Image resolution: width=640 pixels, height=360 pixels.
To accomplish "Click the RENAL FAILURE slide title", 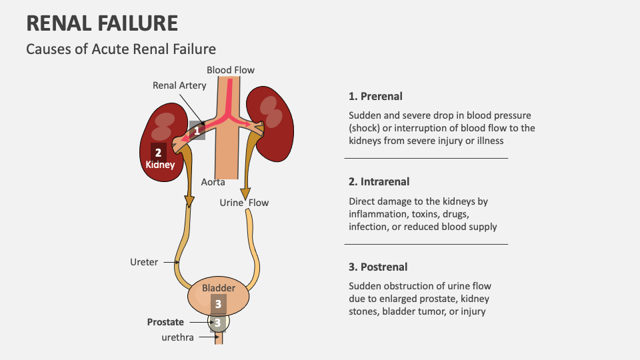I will click(102, 23).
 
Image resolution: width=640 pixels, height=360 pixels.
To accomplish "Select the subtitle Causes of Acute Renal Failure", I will click(121, 49).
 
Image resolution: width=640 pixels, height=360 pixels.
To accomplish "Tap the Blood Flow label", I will click(230, 70).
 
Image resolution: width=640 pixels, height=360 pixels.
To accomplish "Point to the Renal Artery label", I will click(179, 85).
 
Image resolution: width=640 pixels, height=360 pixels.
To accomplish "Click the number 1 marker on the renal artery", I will click(197, 131).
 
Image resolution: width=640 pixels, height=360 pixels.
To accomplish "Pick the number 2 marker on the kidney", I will click(158, 152).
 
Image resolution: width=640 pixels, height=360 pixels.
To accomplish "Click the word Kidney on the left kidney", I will click(160, 165).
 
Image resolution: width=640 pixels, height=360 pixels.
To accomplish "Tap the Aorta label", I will click(213, 182).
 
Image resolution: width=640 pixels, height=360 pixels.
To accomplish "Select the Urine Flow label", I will click(244, 203).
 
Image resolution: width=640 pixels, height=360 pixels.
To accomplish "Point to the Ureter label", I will click(144, 262).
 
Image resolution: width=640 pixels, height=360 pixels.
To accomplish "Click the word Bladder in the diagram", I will click(219, 288).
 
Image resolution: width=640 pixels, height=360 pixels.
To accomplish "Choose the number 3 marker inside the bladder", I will click(218, 303).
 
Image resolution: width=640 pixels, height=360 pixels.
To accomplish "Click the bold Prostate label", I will click(165, 322).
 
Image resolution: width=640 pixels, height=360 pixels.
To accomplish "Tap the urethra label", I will click(177, 337).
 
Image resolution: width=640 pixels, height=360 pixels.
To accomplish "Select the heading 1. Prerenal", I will click(375, 96).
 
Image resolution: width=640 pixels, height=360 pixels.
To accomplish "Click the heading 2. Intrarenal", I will click(379, 181).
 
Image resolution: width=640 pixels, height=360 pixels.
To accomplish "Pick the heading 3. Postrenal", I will click(377, 267).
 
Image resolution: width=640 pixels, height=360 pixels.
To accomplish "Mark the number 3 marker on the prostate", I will click(217, 323).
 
